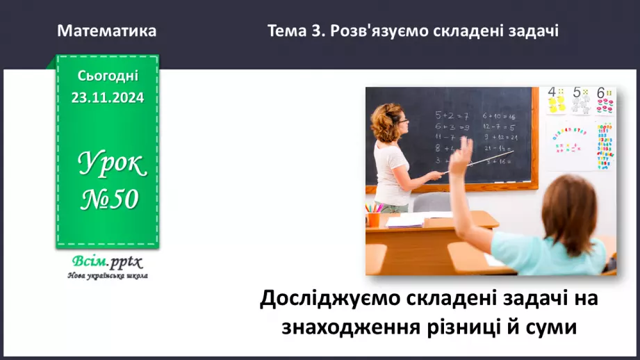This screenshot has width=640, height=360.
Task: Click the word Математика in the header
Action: point(107,31)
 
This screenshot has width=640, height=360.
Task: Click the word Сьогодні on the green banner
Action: point(107,76)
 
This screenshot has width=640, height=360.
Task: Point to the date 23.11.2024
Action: point(107,98)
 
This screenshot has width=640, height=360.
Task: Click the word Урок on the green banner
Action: point(111,164)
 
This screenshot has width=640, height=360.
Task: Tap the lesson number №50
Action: point(110,199)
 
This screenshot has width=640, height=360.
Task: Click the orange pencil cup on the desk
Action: point(374,219)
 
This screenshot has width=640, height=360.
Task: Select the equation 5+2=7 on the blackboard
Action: point(452,115)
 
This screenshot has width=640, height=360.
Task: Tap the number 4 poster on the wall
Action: point(556,101)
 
